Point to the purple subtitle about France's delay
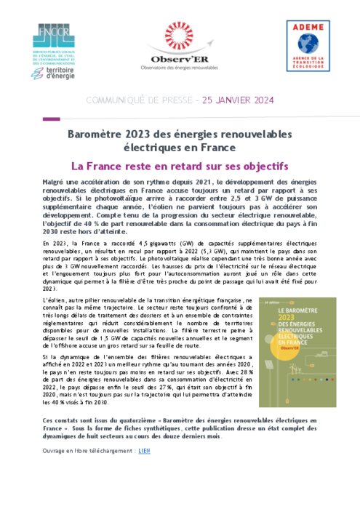pyautogui.click(x=180, y=166)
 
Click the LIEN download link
pyautogui.click(x=143, y=450)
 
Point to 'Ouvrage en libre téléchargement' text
pyautogui.click(x=89, y=450)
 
